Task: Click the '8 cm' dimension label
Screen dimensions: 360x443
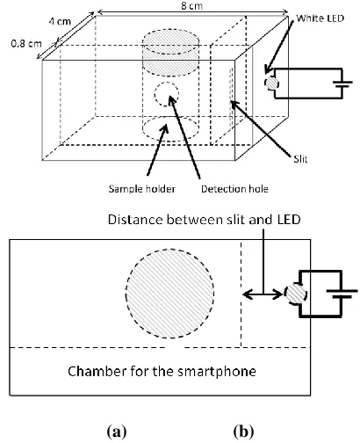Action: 191,5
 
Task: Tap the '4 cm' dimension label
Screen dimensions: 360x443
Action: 60,21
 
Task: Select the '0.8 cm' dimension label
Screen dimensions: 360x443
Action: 26,44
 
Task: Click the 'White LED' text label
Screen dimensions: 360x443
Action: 320,18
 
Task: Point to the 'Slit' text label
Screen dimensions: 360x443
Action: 300,159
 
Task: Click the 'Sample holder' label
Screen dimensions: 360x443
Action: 142,189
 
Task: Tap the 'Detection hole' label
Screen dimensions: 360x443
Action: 234,189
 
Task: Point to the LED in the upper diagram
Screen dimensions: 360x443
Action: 271,84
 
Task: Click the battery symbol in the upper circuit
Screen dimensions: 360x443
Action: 342,84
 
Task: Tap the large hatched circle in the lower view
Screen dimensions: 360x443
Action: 170,294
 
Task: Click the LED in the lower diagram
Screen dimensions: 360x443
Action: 296,294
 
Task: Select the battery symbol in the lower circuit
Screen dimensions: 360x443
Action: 342,294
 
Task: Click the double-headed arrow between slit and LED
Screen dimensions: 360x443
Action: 263,294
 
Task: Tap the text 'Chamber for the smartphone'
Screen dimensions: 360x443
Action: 162,371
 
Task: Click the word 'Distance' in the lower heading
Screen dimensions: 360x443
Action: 135,220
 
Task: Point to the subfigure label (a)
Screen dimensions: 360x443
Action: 117,432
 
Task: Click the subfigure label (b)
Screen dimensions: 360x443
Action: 243,432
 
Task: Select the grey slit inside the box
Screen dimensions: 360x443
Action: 231,97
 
